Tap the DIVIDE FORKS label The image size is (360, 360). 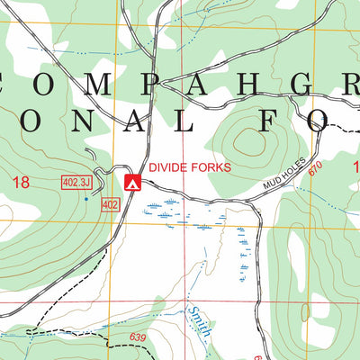190,167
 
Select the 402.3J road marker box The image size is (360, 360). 76,182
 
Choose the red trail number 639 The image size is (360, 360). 137,337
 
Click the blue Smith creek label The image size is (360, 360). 199,320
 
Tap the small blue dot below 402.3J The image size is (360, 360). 86,199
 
